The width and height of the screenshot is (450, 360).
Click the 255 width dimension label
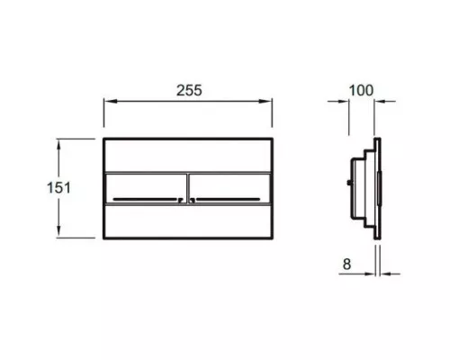pyautogui.click(x=189, y=90)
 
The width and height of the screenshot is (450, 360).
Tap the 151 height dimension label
pyautogui.click(x=58, y=188)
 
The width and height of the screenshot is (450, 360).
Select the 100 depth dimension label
pyautogui.click(x=361, y=90)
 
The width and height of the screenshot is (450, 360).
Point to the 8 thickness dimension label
pyautogui.click(x=346, y=265)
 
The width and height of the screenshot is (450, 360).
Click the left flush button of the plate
pyautogui.click(x=146, y=188)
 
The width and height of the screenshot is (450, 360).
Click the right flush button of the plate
pyautogui.click(x=230, y=188)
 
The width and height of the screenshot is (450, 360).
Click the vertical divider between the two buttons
pyautogui.click(x=188, y=188)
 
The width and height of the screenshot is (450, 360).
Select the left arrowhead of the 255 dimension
pyautogui.click(x=110, y=102)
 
